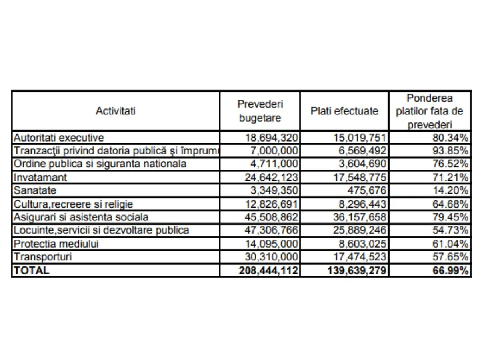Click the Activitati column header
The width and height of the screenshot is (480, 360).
(x=116, y=111)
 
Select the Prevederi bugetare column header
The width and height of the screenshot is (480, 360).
(x=260, y=111)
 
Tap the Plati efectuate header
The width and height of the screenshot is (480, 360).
(x=344, y=111)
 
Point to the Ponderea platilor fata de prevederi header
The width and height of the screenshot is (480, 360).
(x=430, y=111)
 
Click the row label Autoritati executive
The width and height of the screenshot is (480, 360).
(x=59, y=138)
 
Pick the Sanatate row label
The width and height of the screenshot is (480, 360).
(x=35, y=191)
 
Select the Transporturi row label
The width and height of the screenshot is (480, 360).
(x=43, y=257)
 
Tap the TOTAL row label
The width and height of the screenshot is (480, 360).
(x=32, y=270)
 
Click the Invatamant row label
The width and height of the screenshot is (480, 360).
(x=40, y=178)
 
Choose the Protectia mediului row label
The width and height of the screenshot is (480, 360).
(x=56, y=244)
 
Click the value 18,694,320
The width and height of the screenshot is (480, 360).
(x=272, y=138)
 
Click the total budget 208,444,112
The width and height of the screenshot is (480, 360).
(x=269, y=270)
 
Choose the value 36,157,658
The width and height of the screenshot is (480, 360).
(x=360, y=217)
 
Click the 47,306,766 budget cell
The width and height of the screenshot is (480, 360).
(x=272, y=230)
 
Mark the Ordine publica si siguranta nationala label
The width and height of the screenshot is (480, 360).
(x=100, y=164)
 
